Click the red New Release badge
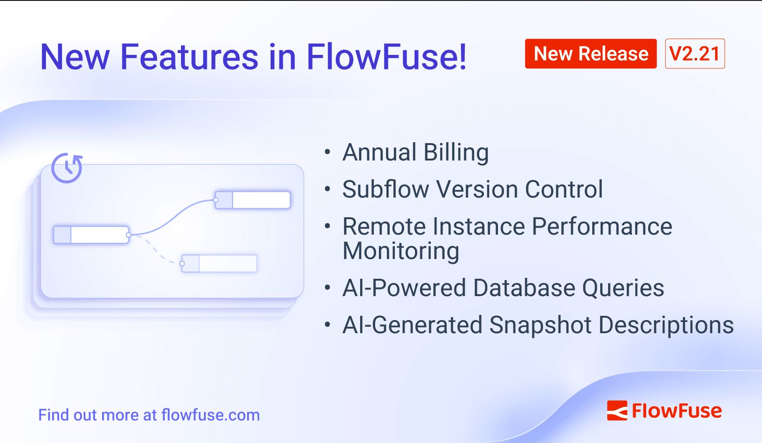coord(590,54)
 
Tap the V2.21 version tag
coord(694,54)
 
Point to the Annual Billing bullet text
coord(415,153)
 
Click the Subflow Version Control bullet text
coord(472,190)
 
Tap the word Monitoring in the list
coord(401,251)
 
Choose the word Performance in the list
coord(602,227)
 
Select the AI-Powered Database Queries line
coord(503,288)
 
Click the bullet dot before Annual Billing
coord(327,152)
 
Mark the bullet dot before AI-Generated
coord(327,325)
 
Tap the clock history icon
coord(67,168)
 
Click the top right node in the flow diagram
coord(252,200)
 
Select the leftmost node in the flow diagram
coord(91,235)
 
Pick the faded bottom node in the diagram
coord(219,263)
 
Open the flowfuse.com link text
coord(210,415)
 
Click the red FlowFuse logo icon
coord(617,411)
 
